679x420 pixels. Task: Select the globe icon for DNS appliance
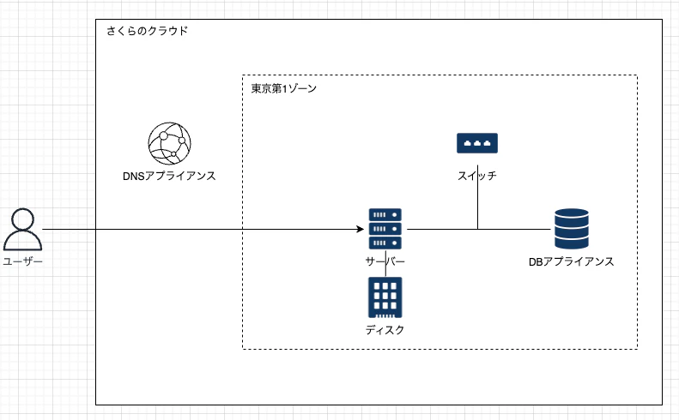pos(169,143)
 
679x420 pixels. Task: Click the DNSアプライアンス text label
pos(169,176)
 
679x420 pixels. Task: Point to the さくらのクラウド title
pos(147,31)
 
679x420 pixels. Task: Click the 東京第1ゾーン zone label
pos(284,88)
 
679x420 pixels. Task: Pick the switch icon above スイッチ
pos(477,143)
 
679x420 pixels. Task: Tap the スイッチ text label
pos(477,176)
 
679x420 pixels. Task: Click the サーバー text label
pos(385,261)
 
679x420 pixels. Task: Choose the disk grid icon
pos(385,297)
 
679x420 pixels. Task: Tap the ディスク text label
pos(385,329)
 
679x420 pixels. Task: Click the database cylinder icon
pos(571,229)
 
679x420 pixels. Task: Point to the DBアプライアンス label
pos(572,261)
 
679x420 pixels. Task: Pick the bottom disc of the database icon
pos(571,243)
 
